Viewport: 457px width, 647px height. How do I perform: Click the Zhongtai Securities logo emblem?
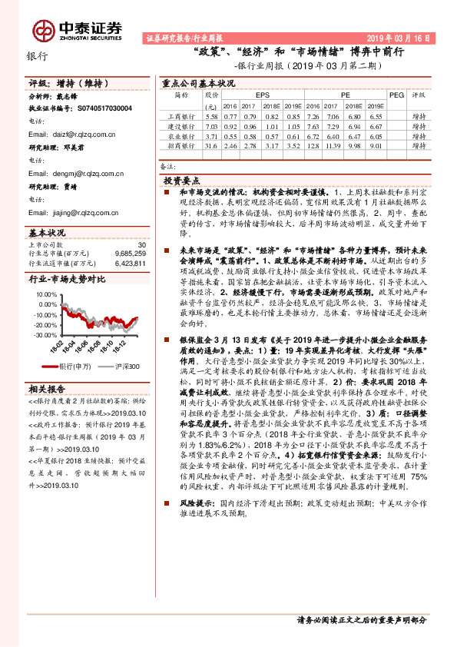45,29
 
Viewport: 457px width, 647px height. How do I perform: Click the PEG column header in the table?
396,96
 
